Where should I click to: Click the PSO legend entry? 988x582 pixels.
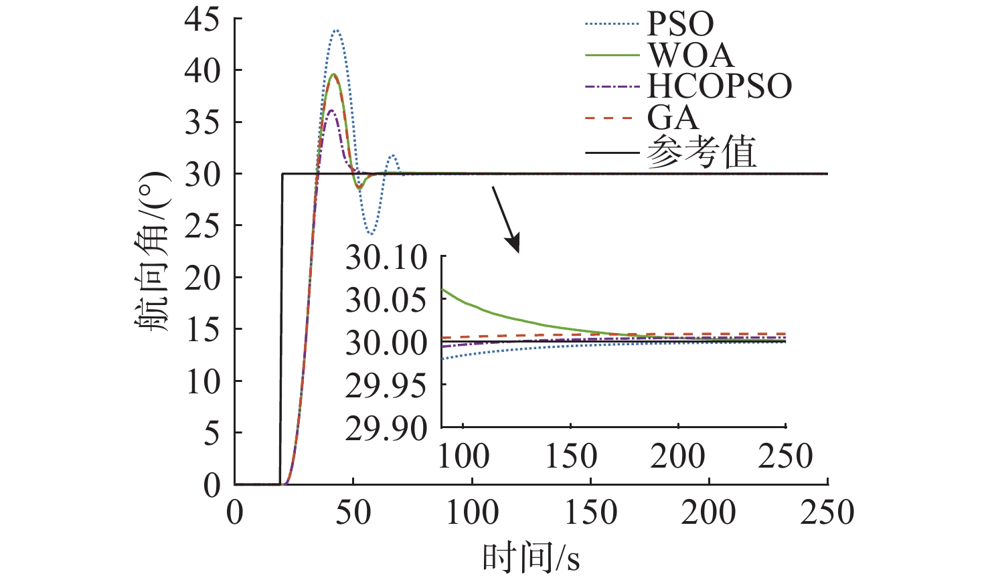coord(680,24)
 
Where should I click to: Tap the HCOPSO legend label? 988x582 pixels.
coord(720,86)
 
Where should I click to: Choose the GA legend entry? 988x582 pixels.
coord(673,118)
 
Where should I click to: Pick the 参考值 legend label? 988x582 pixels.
coord(702,153)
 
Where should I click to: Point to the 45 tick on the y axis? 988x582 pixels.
coord(201,19)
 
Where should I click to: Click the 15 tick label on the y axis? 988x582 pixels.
coord(201,329)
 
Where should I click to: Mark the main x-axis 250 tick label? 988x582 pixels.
coord(827,513)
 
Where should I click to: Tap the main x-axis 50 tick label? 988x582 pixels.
coord(353,513)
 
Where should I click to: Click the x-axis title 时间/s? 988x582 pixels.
coord(531,557)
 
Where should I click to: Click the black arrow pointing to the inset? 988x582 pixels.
coord(506,219)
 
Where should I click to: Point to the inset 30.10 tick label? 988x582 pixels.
coord(386,258)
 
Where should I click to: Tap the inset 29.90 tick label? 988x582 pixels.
coord(386,429)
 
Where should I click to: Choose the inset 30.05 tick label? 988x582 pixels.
coord(386,300)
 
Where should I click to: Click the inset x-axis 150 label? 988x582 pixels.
coord(571,456)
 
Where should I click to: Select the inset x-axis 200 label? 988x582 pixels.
coord(678,456)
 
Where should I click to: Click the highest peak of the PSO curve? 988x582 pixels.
coord(337,30)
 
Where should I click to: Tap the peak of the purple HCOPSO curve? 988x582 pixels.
coord(331,110)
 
